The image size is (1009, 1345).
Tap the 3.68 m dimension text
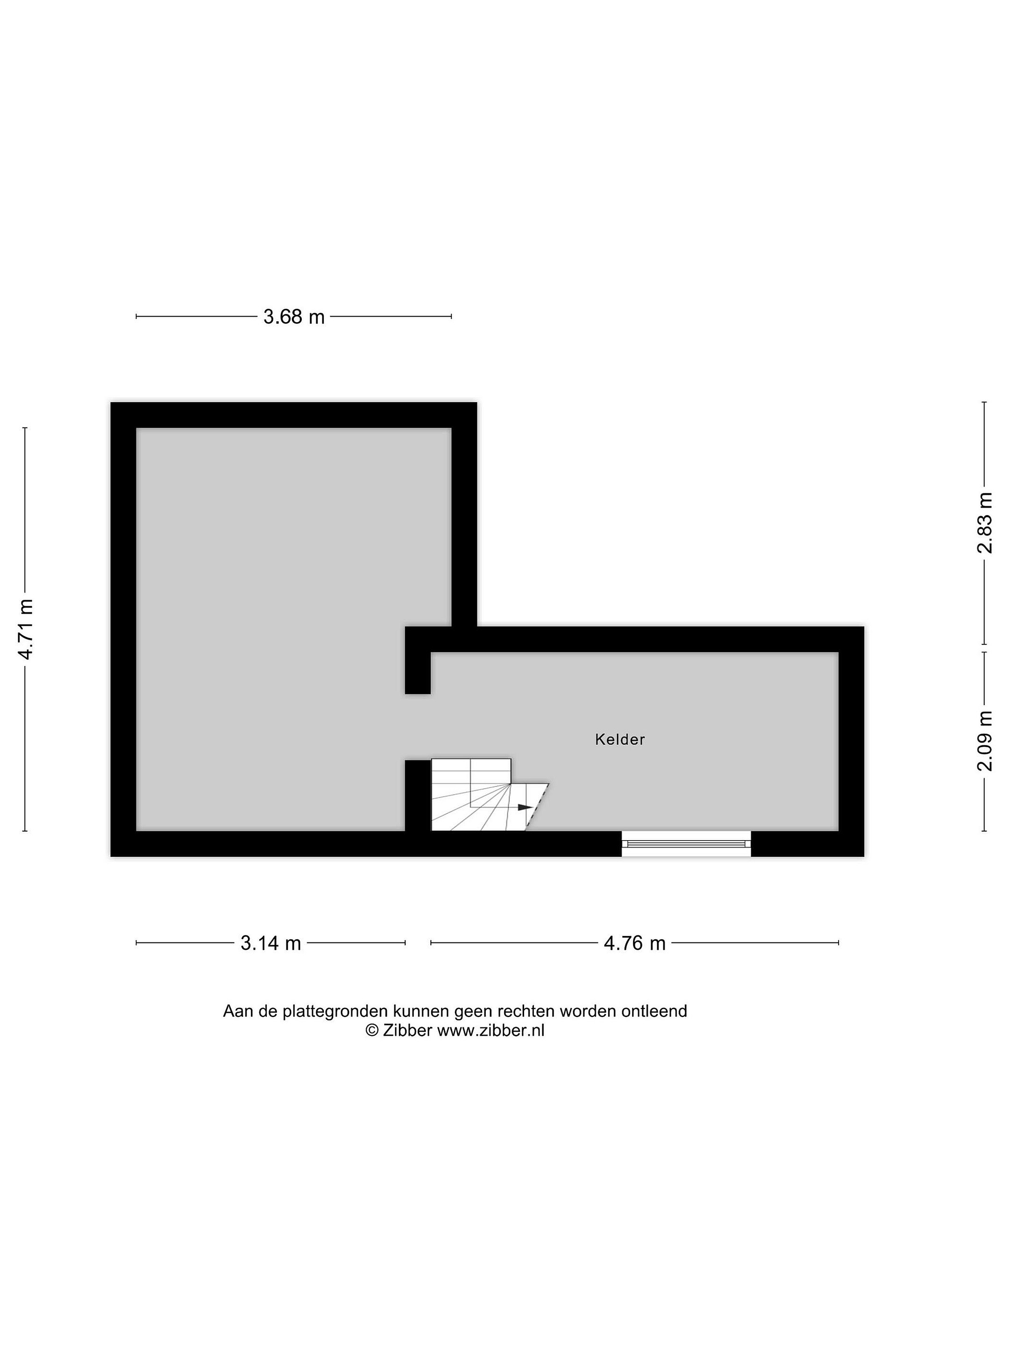point(294,317)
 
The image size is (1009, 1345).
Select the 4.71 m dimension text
point(26,630)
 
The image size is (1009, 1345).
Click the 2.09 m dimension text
point(984,741)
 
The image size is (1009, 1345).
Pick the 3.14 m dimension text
point(270,943)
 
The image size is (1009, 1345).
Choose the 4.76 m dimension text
point(634,943)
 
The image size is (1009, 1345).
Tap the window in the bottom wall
point(686,843)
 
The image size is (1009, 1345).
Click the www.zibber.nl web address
point(491,1030)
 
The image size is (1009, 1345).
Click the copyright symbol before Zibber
point(372,1030)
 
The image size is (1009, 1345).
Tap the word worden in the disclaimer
point(588,1011)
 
